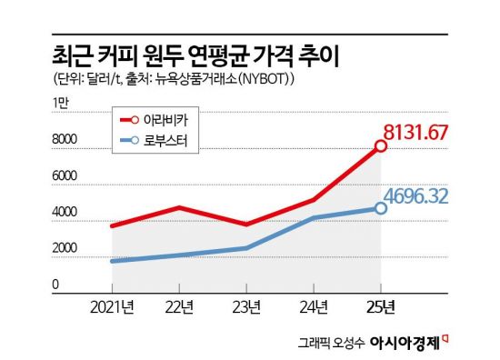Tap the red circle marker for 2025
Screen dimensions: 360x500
coord(380,145)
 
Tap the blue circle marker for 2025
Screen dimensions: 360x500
coord(380,208)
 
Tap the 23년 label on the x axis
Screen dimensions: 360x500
coord(248,306)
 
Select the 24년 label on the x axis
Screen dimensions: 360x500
coord(315,306)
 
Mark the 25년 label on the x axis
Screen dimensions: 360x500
coord(381,306)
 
